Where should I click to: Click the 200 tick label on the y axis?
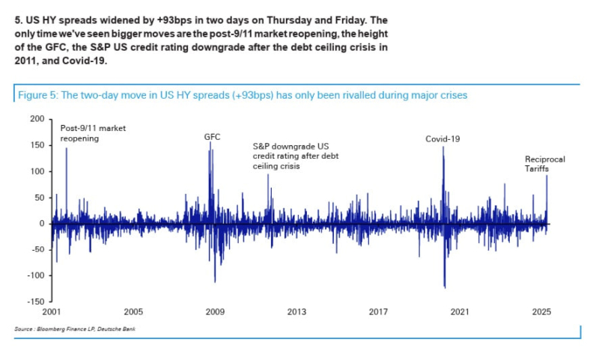coord(37,119)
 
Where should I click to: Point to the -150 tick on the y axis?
coord(36,302)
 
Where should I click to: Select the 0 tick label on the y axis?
coord(42,224)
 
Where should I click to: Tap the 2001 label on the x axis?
coord(52,311)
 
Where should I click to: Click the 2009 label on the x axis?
coord(215,311)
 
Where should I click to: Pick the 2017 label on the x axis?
coord(378,311)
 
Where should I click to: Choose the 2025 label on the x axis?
coord(541,311)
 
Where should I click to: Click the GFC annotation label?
coord(212,138)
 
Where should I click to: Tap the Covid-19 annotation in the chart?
coord(442,139)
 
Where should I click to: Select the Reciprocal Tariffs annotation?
coord(544,165)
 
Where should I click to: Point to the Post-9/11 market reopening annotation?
coord(93,133)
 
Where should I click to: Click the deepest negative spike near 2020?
coord(445,287)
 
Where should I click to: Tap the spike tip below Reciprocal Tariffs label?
coord(547,176)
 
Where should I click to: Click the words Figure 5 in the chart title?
coord(36,96)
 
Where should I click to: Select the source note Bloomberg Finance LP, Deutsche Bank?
coord(75,329)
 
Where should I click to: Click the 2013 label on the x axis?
coord(297,311)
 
